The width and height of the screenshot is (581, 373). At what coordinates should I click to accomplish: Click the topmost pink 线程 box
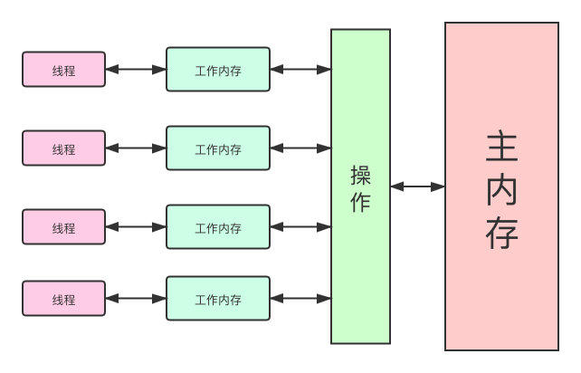tap(63, 70)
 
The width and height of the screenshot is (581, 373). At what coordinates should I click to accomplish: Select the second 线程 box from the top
tap(63, 148)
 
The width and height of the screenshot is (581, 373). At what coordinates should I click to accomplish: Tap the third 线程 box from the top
tap(63, 227)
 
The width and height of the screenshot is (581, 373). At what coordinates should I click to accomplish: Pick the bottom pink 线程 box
tap(63, 299)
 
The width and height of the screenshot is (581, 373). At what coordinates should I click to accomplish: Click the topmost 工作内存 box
tap(218, 70)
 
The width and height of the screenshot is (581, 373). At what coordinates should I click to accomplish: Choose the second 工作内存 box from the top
tap(218, 148)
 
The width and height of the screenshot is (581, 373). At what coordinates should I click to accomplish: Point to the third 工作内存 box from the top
tap(218, 227)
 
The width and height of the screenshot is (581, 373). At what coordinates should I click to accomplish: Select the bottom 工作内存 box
tap(218, 299)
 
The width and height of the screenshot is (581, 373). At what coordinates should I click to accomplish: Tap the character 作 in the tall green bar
tap(360, 202)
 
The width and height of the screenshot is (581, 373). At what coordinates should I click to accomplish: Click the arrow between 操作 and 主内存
tap(417, 186)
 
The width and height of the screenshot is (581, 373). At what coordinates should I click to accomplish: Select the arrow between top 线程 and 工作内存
tap(136, 69)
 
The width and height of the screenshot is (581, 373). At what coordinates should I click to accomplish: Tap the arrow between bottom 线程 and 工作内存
tap(136, 298)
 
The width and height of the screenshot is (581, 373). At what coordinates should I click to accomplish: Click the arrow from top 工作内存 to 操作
tap(300, 69)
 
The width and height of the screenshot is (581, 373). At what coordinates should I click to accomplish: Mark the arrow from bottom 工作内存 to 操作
tap(300, 298)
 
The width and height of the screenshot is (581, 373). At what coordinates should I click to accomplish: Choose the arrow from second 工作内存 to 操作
tap(300, 148)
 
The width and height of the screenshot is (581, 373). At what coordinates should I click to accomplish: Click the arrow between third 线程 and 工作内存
tap(136, 226)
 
